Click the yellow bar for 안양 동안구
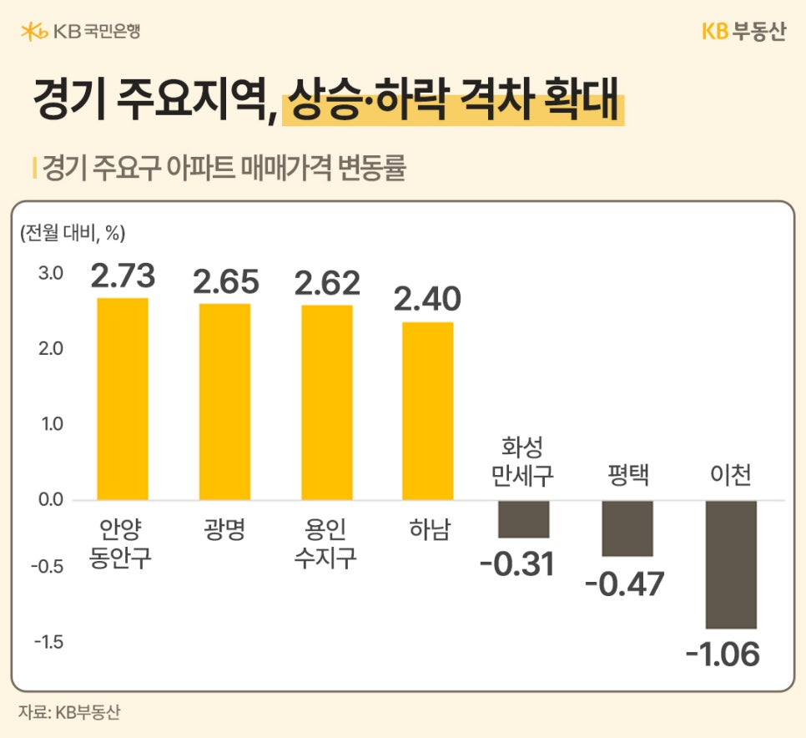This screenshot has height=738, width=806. (x=123, y=399)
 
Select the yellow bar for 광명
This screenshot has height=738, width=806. (x=224, y=402)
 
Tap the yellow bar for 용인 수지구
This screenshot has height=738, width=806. (x=326, y=402)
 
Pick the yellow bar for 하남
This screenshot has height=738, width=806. (x=428, y=411)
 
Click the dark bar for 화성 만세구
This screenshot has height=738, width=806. (x=523, y=518)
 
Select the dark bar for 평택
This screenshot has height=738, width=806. (x=627, y=528)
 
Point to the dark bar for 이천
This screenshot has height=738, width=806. (x=731, y=564)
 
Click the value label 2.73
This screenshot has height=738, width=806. (x=123, y=275)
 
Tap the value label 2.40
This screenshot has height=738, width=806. (x=427, y=299)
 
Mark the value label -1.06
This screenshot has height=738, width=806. (x=723, y=654)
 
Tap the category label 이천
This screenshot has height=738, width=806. (x=730, y=475)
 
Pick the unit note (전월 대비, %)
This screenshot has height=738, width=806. (x=72, y=234)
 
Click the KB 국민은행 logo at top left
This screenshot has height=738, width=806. (x=80, y=32)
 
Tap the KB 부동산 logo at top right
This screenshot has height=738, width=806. (x=743, y=32)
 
